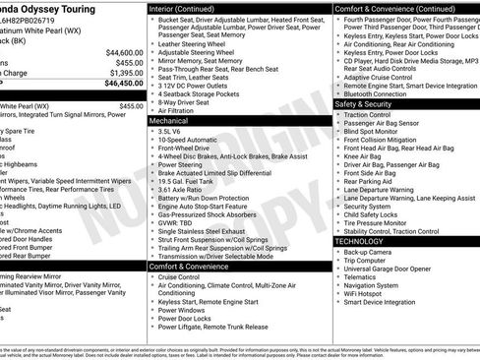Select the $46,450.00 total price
[x=121, y=85]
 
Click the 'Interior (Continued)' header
[x=197, y=9]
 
